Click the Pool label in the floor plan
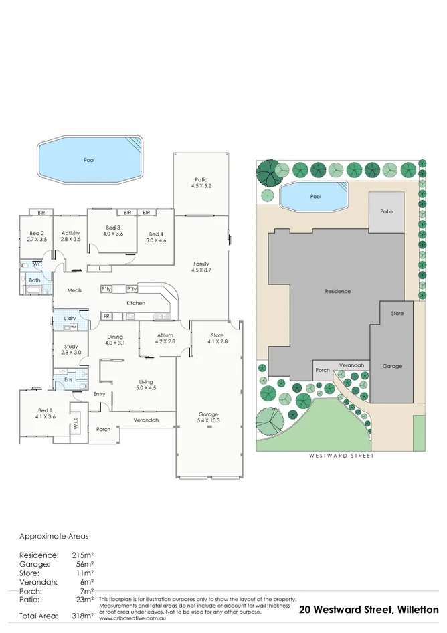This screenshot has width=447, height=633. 89,161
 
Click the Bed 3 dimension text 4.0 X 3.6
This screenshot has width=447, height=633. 113,234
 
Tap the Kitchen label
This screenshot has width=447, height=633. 136,303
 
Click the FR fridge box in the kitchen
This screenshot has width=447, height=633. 106,316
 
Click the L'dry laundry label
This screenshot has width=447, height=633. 70,318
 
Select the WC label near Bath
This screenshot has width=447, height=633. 37,265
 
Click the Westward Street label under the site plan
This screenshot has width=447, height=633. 341,456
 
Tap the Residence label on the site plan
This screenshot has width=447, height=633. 337,292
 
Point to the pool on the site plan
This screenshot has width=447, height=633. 315,197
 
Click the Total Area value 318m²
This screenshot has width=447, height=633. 83,616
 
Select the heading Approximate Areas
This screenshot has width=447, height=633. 54,537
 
